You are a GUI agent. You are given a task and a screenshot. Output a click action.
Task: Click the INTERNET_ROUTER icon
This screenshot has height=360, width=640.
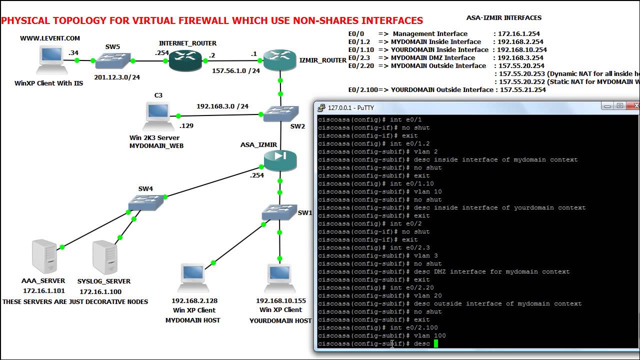click(184, 60)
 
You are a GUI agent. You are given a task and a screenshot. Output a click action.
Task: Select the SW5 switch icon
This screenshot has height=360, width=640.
click(112, 61)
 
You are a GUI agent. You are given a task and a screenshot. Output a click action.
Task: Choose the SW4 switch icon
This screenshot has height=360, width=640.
click(145, 202)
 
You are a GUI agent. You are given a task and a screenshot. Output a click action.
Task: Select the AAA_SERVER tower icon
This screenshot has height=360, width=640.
click(44, 256)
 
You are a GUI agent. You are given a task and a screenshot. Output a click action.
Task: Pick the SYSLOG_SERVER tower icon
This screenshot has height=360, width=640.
click(104, 257)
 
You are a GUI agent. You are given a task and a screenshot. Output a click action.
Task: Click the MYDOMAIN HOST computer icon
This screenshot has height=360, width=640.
click(192, 277)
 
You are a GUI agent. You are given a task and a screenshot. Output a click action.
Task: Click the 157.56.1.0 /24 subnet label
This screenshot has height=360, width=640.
click(236, 71)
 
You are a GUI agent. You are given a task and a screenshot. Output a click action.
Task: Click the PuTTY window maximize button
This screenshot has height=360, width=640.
click(619, 106)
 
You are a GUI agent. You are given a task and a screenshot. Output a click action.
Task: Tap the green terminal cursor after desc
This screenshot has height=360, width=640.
click(436, 343)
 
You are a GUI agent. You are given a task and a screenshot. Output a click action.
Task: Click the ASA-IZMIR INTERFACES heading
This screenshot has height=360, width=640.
click(503, 17)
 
